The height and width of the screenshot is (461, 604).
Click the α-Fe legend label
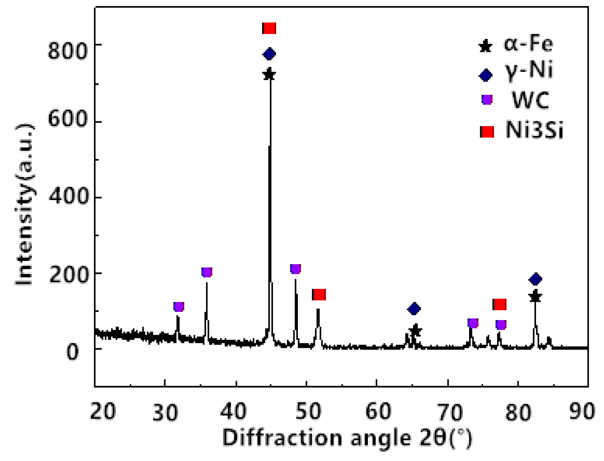[528, 44]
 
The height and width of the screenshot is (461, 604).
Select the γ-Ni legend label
[529, 70]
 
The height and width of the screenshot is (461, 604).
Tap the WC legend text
[530, 100]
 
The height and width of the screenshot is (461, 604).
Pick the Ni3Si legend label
[534, 131]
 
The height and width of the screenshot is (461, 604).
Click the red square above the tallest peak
[269, 28]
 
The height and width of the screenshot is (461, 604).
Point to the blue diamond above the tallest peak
[269, 54]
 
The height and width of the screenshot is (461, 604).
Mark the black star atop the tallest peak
[269, 75]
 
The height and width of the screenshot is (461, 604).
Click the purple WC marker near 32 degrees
[179, 307]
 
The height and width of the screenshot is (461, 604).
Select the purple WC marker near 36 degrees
[207, 272]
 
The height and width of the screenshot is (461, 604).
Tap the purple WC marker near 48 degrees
[295, 269]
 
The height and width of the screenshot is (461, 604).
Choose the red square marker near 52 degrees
[319, 295]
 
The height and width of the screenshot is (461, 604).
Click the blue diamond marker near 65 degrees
[414, 309]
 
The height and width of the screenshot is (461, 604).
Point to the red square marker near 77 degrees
[499, 304]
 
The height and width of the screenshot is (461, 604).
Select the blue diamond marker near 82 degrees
[535, 279]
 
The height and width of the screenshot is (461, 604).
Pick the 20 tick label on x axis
[103, 411]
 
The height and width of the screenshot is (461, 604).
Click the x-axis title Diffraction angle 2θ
[347, 438]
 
